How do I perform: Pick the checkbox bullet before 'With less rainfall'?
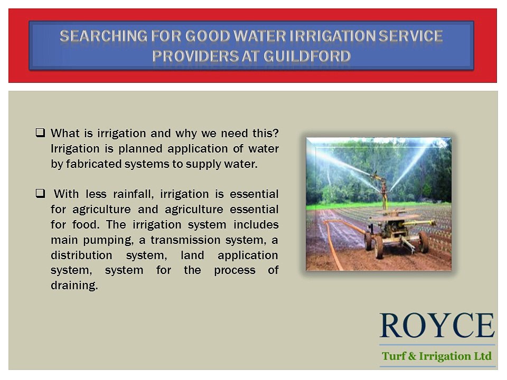(40, 193)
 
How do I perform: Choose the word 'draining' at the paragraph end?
(73, 286)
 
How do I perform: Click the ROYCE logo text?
(437, 326)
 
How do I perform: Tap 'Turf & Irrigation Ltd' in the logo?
(437, 356)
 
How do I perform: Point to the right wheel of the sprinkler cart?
(423, 241)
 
